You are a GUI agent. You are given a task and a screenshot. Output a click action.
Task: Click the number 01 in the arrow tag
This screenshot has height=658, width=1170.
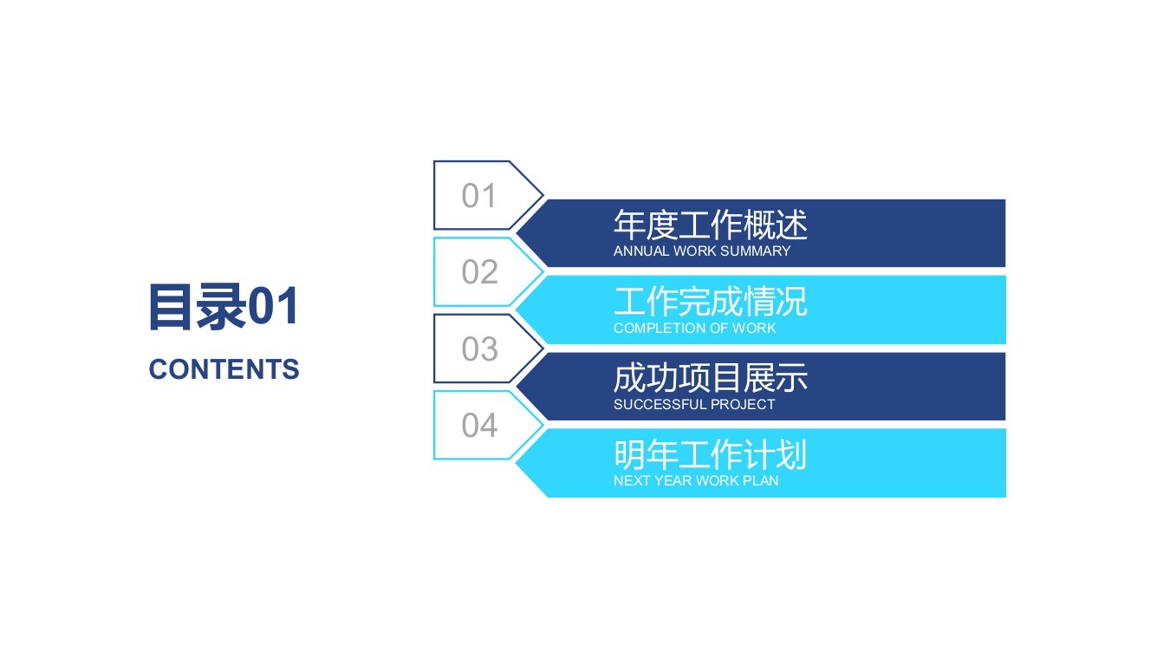478,195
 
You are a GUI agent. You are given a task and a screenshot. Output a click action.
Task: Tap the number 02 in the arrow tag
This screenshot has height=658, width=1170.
479,271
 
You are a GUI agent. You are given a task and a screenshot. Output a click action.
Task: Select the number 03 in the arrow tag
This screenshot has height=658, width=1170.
479,349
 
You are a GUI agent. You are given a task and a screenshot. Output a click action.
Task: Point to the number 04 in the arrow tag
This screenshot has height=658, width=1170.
479,425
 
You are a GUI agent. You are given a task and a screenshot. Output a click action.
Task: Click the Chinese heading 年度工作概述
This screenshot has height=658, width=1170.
711,225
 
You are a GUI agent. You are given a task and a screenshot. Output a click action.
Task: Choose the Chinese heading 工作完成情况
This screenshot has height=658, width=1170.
711,302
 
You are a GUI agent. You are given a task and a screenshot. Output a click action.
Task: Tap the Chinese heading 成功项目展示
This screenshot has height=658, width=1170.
711,378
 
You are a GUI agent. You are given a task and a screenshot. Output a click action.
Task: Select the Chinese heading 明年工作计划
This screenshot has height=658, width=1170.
711,454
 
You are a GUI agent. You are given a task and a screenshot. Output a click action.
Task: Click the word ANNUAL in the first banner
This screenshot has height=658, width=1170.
641,251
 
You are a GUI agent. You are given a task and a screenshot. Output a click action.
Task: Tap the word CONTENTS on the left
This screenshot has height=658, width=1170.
224,369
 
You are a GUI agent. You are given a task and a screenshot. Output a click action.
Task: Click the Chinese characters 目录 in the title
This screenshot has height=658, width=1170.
198,307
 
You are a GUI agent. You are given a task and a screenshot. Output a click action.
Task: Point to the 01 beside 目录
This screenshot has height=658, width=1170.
273,307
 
